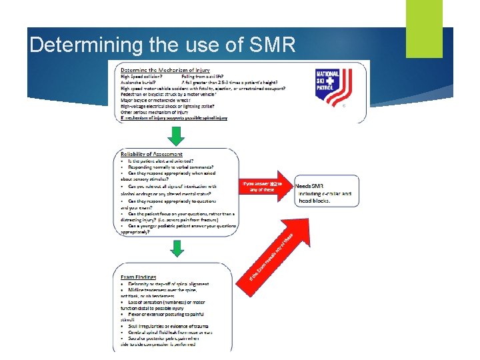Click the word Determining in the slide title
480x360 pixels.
[x=69, y=45]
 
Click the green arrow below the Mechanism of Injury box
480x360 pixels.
[x=175, y=135]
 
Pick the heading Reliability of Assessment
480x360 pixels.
[x=151, y=154]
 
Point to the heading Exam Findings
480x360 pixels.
[x=139, y=276]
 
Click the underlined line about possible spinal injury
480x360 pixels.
[x=174, y=118]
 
